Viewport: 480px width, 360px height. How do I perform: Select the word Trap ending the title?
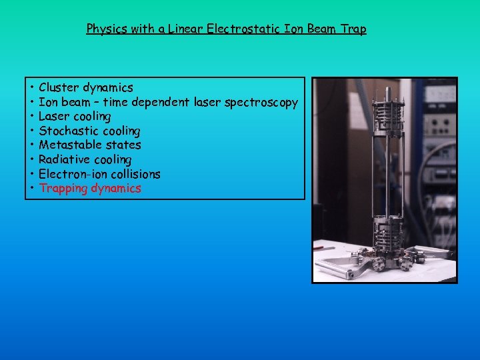pyautogui.click(x=354, y=29)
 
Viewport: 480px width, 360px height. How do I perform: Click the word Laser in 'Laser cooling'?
pyautogui.click(x=54, y=117)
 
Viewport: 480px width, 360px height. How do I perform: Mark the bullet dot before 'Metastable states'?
pyautogui.click(x=32, y=145)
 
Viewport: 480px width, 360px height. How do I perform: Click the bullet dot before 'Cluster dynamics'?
pyautogui.click(x=32, y=88)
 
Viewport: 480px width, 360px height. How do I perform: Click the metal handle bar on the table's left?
pyautogui.click(x=337, y=267)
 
